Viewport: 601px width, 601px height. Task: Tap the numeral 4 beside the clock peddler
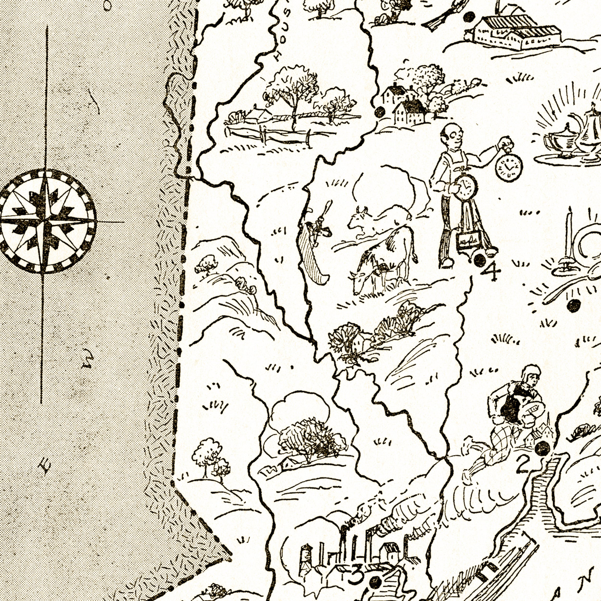491,271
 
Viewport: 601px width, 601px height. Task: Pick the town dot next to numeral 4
479,259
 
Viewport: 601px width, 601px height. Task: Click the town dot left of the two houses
380,112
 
